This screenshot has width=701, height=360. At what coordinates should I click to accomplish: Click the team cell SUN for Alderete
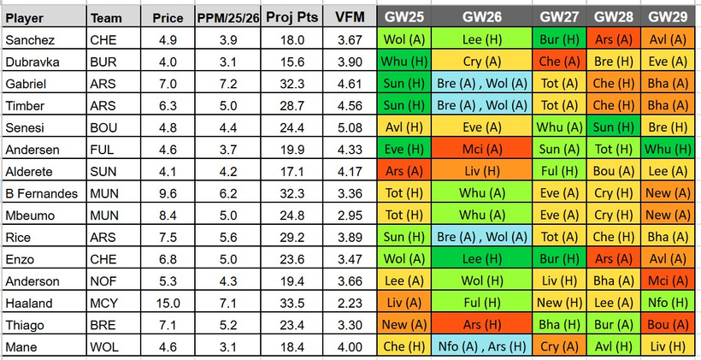point(102,173)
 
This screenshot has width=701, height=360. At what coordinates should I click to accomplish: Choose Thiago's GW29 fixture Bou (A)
point(669,325)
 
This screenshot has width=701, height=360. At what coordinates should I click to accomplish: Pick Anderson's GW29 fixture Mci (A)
point(669,281)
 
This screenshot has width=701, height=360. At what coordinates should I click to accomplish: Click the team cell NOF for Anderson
point(102,281)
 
